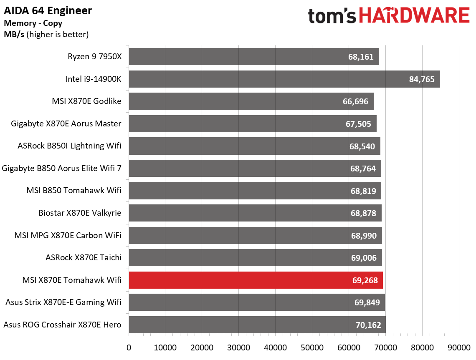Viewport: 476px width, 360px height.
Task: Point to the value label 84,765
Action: pos(422,79)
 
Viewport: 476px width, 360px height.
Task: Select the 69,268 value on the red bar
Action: pos(365,280)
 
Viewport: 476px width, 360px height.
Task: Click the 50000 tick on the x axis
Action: pos(312,347)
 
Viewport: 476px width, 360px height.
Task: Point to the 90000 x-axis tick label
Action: pos(458,347)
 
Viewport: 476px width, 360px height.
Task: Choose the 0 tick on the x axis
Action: pos(129,347)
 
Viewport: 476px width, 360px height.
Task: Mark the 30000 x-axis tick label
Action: pos(238,347)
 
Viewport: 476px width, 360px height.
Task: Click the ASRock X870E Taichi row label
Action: pos(84,257)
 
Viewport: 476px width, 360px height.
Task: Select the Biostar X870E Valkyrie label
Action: pos(80,213)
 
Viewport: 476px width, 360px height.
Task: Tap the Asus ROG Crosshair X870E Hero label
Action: pos(62,325)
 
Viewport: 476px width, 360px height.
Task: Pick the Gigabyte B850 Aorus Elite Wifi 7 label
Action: pos(62,168)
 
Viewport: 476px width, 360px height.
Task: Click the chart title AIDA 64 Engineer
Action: pos(48,10)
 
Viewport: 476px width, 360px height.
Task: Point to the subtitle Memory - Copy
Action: pos(33,23)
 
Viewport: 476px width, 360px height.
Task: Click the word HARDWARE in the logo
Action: pos(414,16)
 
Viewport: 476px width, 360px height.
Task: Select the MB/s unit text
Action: pos(14,34)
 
